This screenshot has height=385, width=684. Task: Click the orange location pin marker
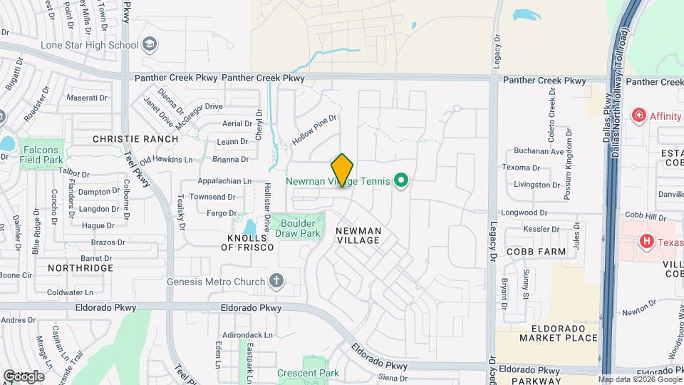pyautogui.click(x=343, y=170)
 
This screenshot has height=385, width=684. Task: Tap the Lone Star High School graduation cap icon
pyautogui.click(x=150, y=45)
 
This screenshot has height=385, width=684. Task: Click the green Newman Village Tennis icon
pyautogui.click(x=400, y=181)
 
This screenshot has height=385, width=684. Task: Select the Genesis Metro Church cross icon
pyautogui.click(x=276, y=281)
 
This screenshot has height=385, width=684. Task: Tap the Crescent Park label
pyautogui.click(x=308, y=373)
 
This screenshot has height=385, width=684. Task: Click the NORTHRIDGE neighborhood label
pyautogui.click(x=81, y=267)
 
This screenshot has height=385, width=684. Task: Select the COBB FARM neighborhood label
pyautogui.click(x=536, y=252)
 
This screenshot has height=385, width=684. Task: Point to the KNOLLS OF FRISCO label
pyautogui.click(x=247, y=242)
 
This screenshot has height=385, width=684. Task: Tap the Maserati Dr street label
pyautogui.click(x=86, y=97)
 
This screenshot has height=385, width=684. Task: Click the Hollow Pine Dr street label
pyautogui.click(x=313, y=131)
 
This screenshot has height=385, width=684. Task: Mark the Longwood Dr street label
pyautogui.click(x=524, y=212)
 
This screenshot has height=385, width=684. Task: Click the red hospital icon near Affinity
pyautogui.click(x=639, y=115)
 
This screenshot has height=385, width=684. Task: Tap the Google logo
pyautogui.click(x=24, y=376)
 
